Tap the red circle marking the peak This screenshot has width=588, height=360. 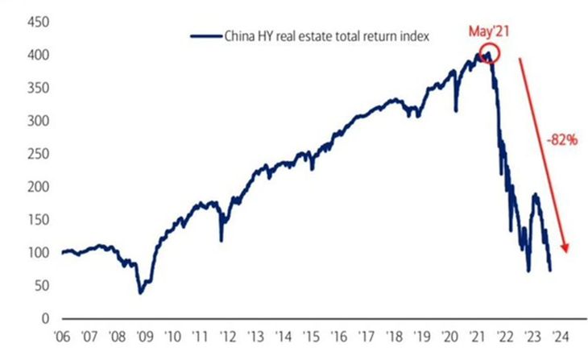(x=488, y=55)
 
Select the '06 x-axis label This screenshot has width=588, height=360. (x=62, y=336)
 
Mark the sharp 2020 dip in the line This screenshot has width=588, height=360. (x=456, y=109)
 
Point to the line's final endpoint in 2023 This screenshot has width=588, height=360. (x=550, y=270)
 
